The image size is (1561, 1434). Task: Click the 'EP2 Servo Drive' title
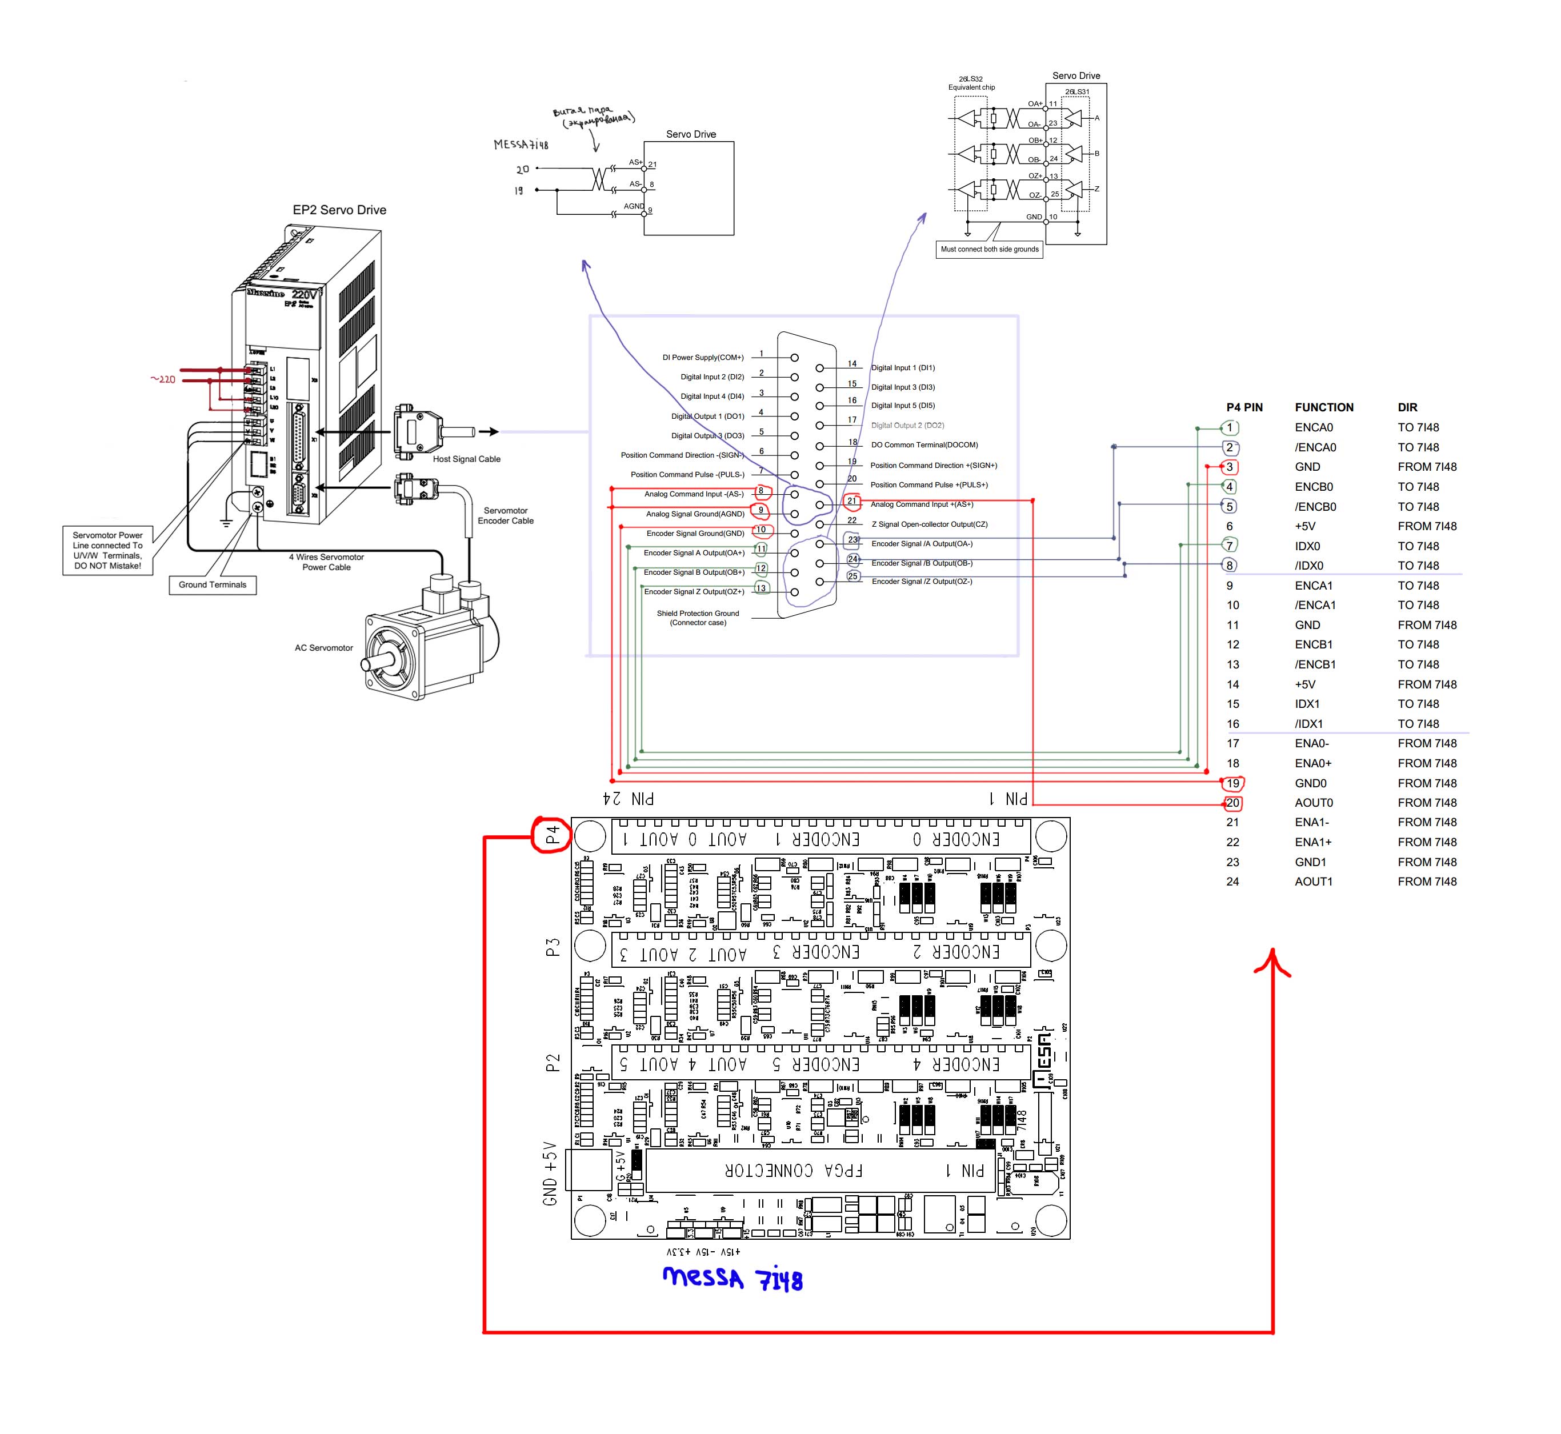click(339, 210)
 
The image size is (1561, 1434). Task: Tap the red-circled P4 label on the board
click(552, 835)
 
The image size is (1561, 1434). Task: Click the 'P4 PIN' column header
click(1244, 407)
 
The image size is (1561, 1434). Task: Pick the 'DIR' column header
click(1407, 407)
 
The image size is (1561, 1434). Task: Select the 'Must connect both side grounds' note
click(989, 249)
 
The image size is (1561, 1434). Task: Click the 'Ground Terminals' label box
click(212, 584)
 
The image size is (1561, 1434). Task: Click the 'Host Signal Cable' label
click(466, 459)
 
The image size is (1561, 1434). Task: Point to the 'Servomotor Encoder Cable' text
click(505, 516)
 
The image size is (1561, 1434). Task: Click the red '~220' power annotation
click(163, 379)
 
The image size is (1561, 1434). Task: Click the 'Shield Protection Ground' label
click(698, 618)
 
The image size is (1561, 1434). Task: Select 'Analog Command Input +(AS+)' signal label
click(922, 504)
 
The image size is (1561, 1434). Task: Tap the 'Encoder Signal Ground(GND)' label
click(695, 533)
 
